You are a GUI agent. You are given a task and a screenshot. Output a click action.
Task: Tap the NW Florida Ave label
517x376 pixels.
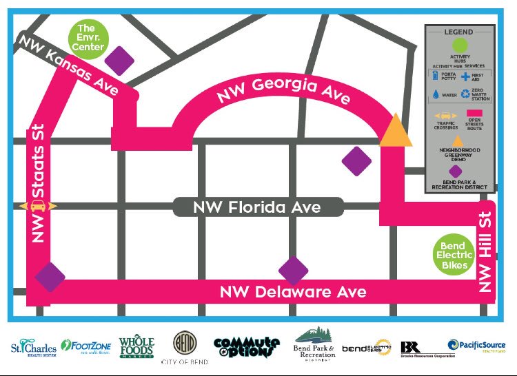pos(257,207)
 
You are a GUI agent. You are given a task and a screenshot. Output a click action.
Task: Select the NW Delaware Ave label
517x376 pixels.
pos(293,292)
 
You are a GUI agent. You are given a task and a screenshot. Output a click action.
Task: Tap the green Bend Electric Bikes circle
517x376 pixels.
pos(454,255)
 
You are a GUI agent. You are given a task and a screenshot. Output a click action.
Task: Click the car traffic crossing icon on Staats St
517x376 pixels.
pos(39,206)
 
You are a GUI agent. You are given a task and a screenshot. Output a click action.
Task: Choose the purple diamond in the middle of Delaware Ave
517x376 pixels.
pos(293,271)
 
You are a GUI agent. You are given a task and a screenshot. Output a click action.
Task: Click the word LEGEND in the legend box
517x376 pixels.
pos(458,32)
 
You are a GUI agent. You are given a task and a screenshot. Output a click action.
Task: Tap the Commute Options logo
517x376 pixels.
pos(247,346)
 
